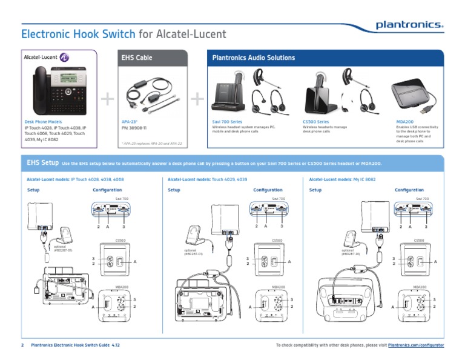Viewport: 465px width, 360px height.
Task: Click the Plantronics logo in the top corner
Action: [409, 25]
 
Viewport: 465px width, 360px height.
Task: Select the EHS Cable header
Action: [137, 58]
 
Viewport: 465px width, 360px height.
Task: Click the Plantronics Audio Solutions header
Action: [254, 58]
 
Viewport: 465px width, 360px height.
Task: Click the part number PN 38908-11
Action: [134, 128]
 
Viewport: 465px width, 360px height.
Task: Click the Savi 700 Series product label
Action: [227, 122]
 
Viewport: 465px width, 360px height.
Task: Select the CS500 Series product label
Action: [316, 122]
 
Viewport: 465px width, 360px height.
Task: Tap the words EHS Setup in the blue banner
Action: [42, 163]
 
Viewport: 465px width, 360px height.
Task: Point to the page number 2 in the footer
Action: [23, 345]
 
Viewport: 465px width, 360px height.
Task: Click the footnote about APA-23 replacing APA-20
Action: [151, 144]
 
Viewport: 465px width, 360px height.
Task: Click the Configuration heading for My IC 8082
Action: [409, 190]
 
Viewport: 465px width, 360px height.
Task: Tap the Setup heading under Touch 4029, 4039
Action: [174, 190]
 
